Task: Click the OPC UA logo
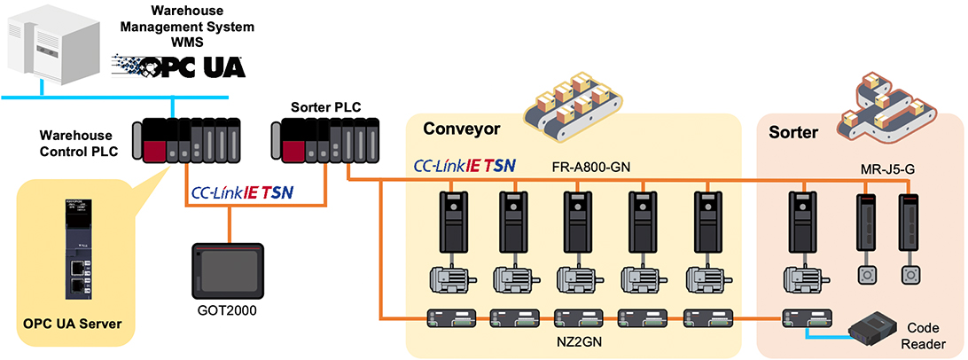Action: tap(179, 66)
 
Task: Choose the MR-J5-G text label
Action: tap(887, 167)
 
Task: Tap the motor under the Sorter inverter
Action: tap(801, 279)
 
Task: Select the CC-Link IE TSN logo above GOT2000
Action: tap(242, 192)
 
